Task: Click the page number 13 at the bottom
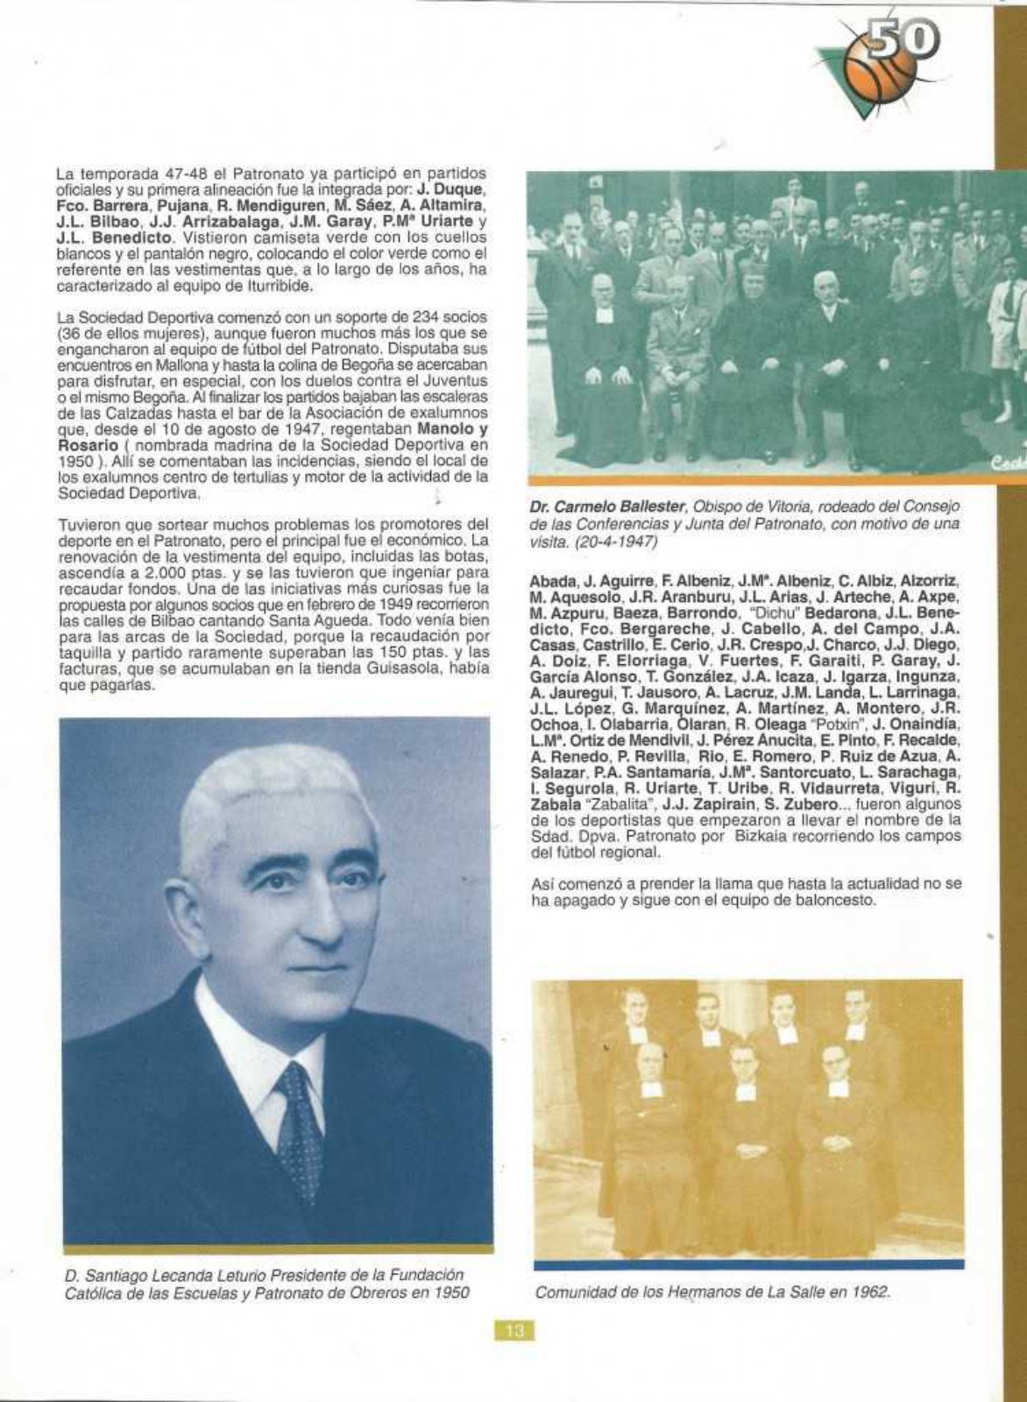514,1331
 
